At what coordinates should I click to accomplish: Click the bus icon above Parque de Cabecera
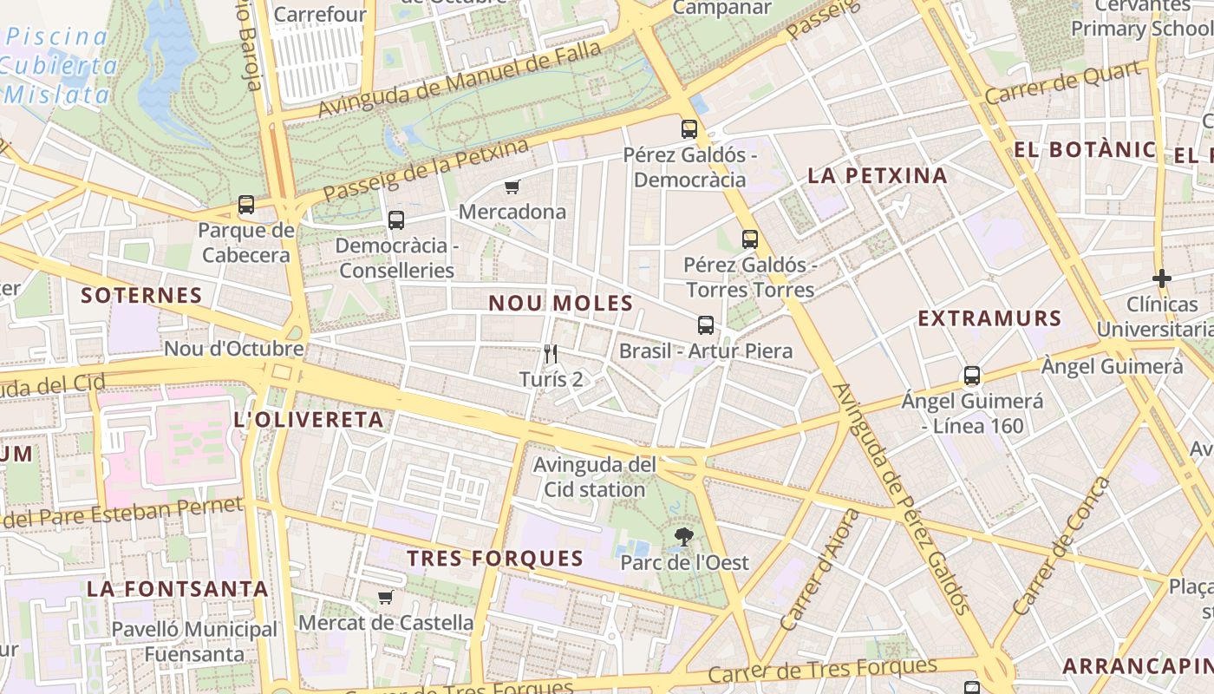[x=246, y=206]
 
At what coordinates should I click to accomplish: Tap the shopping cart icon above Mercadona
[x=512, y=187]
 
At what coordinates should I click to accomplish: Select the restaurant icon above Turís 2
[x=550, y=353]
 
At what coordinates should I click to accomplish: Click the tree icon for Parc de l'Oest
[x=684, y=536]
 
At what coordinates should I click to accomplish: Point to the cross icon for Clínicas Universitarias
[x=1162, y=278]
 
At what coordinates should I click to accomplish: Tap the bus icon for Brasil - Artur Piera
[x=706, y=325]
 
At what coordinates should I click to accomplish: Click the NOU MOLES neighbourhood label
[x=560, y=304]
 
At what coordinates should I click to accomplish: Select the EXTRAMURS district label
[x=989, y=318]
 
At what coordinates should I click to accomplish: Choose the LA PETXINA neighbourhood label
[x=878, y=175]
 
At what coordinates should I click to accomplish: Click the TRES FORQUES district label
[x=495, y=559]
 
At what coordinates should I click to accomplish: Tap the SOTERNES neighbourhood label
[x=141, y=295]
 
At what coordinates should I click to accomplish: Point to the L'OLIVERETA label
[x=309, y=420]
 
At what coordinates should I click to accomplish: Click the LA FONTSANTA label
[x=177, y=588]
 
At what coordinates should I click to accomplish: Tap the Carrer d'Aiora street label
[x=819, y=570]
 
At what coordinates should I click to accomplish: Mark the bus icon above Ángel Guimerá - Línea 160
[x=972, y=376]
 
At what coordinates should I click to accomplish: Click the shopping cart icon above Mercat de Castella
[x=386, y=597]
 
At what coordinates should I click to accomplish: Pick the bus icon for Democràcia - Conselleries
[x=396, y=219]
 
